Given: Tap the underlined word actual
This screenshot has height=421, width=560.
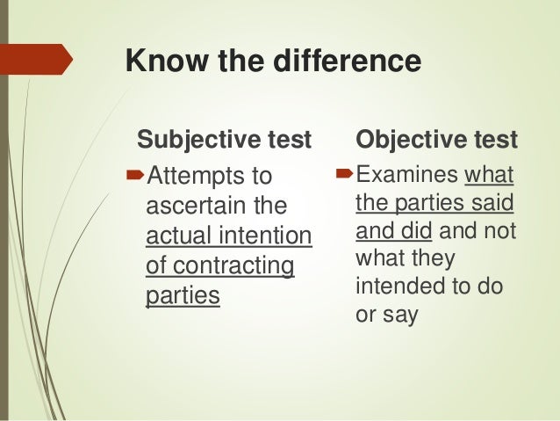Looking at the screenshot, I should tap(176, 236).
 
